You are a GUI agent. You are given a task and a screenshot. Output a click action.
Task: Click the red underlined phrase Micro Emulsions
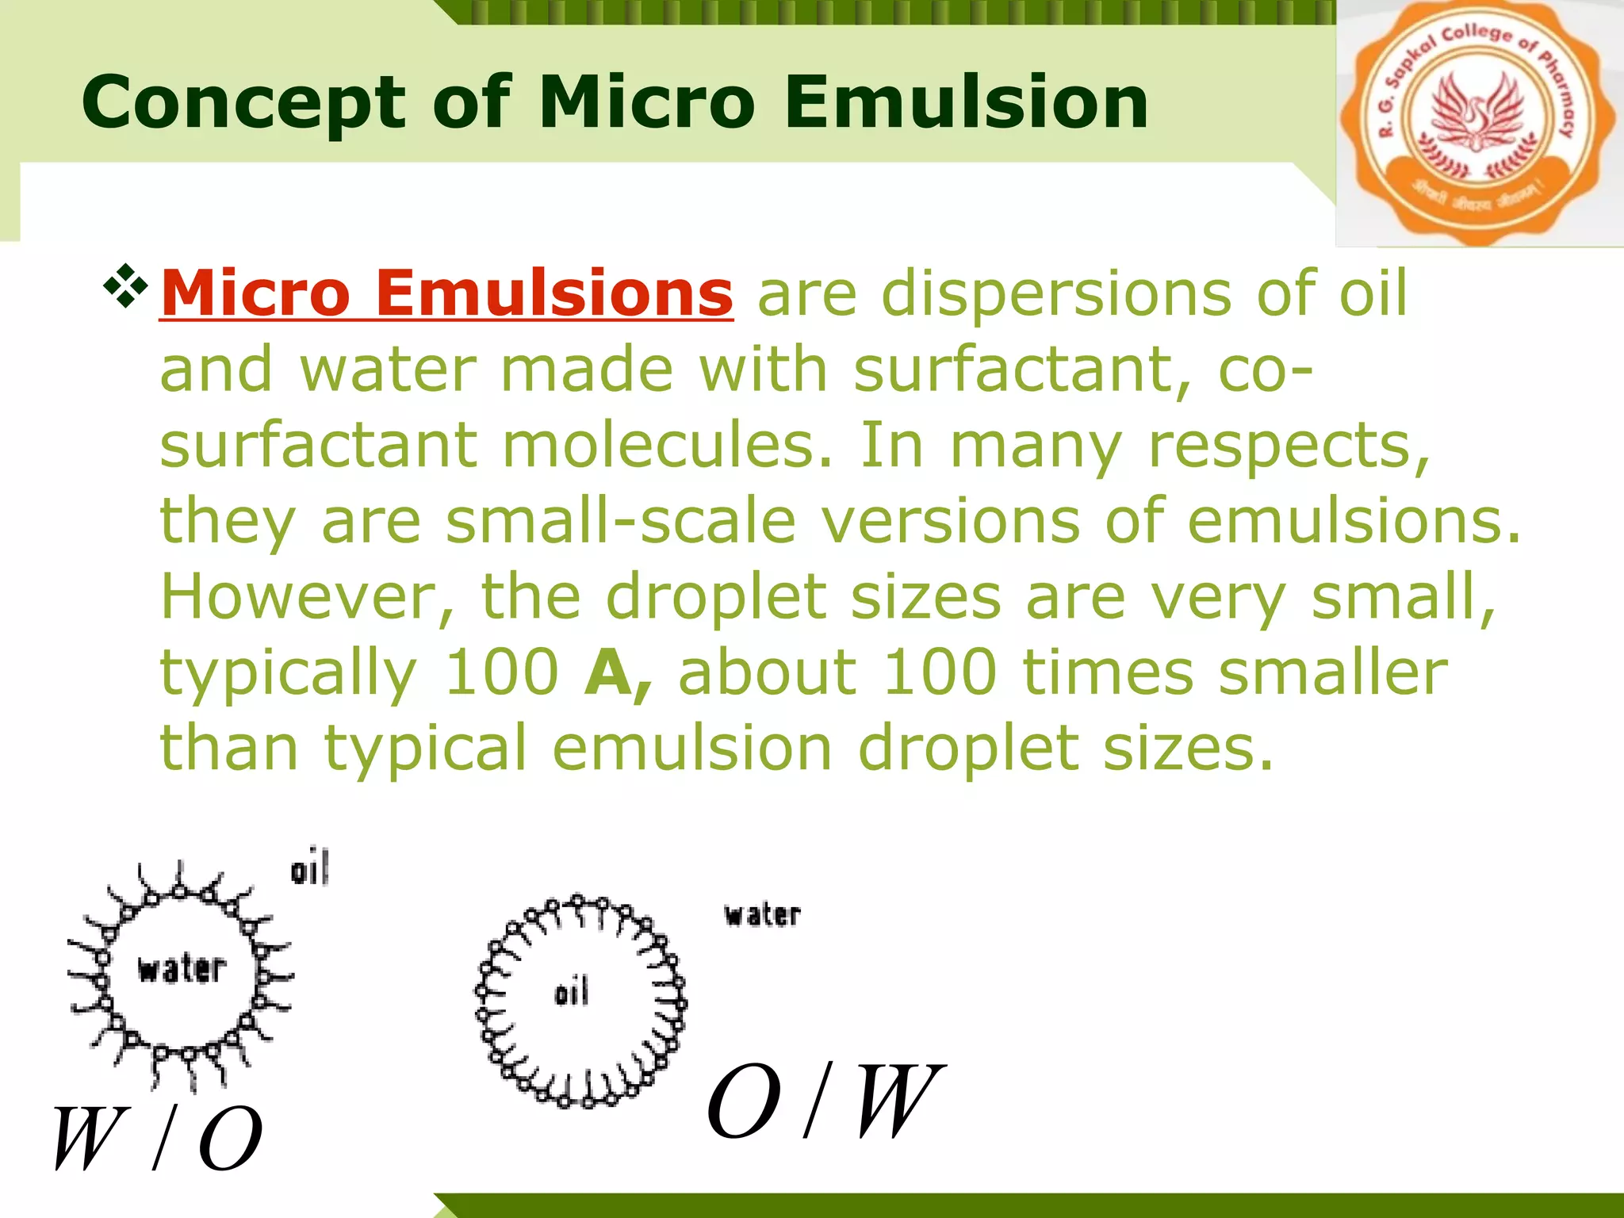[x=446, y=293]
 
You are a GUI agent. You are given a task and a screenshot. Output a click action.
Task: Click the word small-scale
[x=621, y=521]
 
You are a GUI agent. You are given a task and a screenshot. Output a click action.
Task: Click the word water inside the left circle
[x=182, y=969]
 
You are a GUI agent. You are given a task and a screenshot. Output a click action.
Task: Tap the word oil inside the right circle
[x=572, y=993]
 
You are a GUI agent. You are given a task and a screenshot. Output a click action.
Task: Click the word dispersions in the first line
[x=1056, y=293]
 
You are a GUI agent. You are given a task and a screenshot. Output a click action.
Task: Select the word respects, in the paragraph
[x=1289, y=446]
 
